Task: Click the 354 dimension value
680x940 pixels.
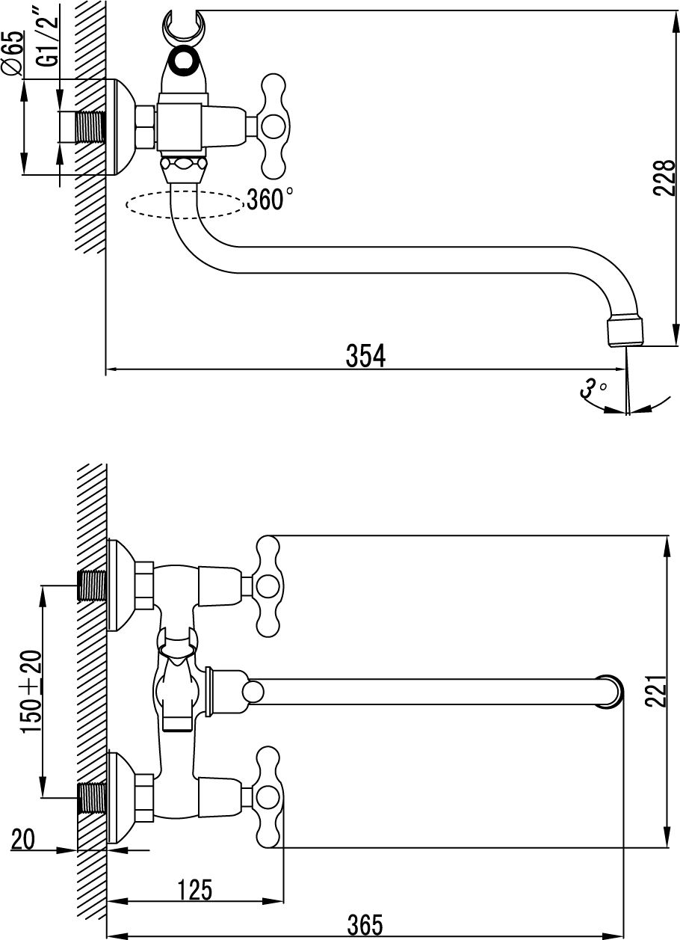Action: (x=365, y=356)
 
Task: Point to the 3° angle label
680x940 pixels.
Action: (x=593, y=388)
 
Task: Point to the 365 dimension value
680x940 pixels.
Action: (x=365, y=925)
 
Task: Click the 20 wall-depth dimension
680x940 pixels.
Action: (x=23, y=840)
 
